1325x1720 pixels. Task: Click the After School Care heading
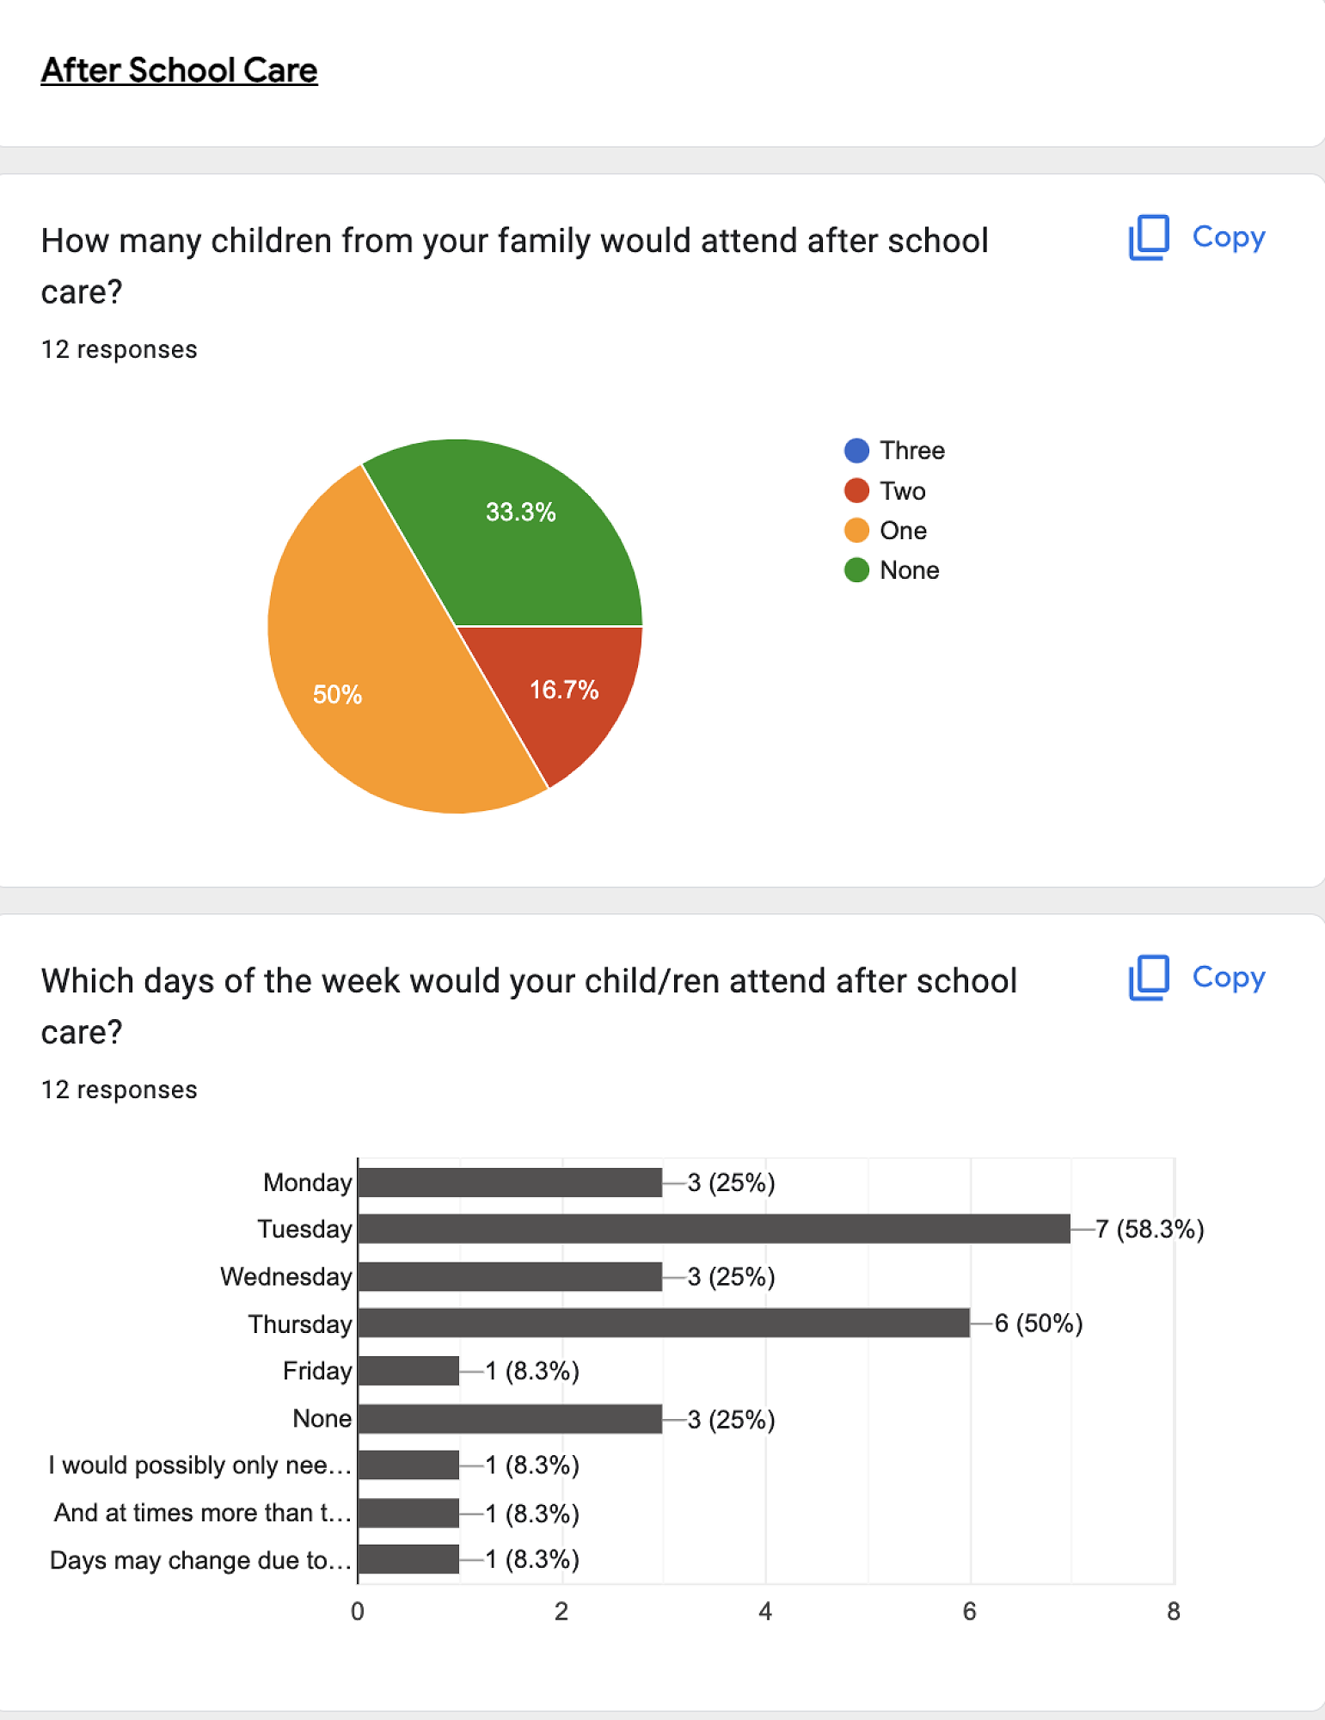point(179,71)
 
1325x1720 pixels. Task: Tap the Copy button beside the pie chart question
point(1197,237)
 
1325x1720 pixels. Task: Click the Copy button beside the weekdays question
point(1197,978)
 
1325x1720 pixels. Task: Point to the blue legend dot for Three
point(856,451)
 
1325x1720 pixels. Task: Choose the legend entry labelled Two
point(902,491)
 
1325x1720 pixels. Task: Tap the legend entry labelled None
point(909,570)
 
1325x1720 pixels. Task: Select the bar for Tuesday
point(714,1229)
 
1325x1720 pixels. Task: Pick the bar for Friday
point(408,1370)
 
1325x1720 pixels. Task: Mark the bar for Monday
point(510,1182)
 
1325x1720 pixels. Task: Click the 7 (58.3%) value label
point(1150,1229)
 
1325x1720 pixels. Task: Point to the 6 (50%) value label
point(1039,1323)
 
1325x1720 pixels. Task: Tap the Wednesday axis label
point(286,1276)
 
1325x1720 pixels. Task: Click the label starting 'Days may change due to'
point(200,1560)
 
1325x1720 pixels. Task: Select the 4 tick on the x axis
point(765,1612)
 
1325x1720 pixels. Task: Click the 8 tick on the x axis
point(1174,1612)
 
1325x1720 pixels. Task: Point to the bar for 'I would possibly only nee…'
point(408,1465)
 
